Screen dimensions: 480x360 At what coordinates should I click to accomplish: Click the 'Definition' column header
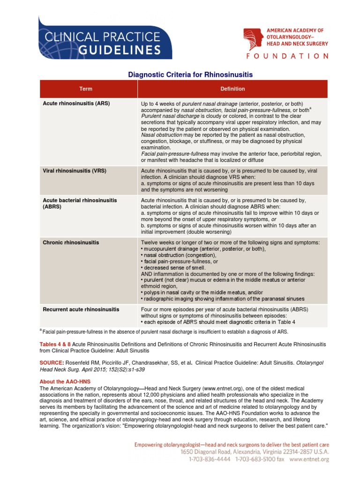pos(232,89)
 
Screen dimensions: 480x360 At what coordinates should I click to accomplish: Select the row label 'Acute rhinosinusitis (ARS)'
pos(76,103)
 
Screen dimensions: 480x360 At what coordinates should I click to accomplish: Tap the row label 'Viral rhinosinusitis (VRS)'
pos(75,171)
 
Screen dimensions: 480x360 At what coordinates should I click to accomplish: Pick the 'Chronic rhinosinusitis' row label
pos(71,242)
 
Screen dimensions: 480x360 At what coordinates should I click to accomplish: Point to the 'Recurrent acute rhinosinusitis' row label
pos(81,309)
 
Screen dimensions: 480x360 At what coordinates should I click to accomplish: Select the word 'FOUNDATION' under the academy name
pos(287,56)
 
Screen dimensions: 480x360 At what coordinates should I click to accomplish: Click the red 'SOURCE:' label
pos(52,363)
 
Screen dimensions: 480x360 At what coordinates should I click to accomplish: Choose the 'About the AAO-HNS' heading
pos(65,382)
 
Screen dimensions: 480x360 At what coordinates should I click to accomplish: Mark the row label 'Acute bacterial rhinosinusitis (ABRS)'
pos(80,203)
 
